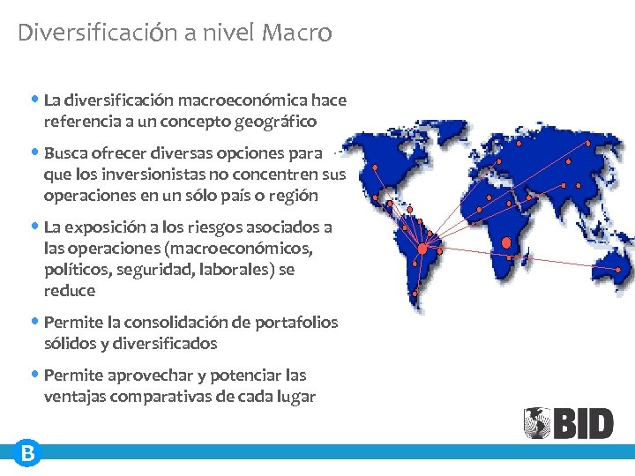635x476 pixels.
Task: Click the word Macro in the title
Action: pyautogui.click(x=297, y=33)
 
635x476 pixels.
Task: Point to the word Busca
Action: pyautogui.click(x=66, y=153)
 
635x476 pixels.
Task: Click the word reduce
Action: pyautogui.click(x=69, y=291)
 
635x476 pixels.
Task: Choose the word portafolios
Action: pyautogui.click(x=295, y=323)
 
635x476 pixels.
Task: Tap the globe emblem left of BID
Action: pyautogui.click(x=537, y=423)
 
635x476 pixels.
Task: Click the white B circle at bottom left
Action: pyautogui.click(x=28, y=454)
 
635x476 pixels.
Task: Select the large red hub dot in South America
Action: pyautogui.click(x=422, y=249)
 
